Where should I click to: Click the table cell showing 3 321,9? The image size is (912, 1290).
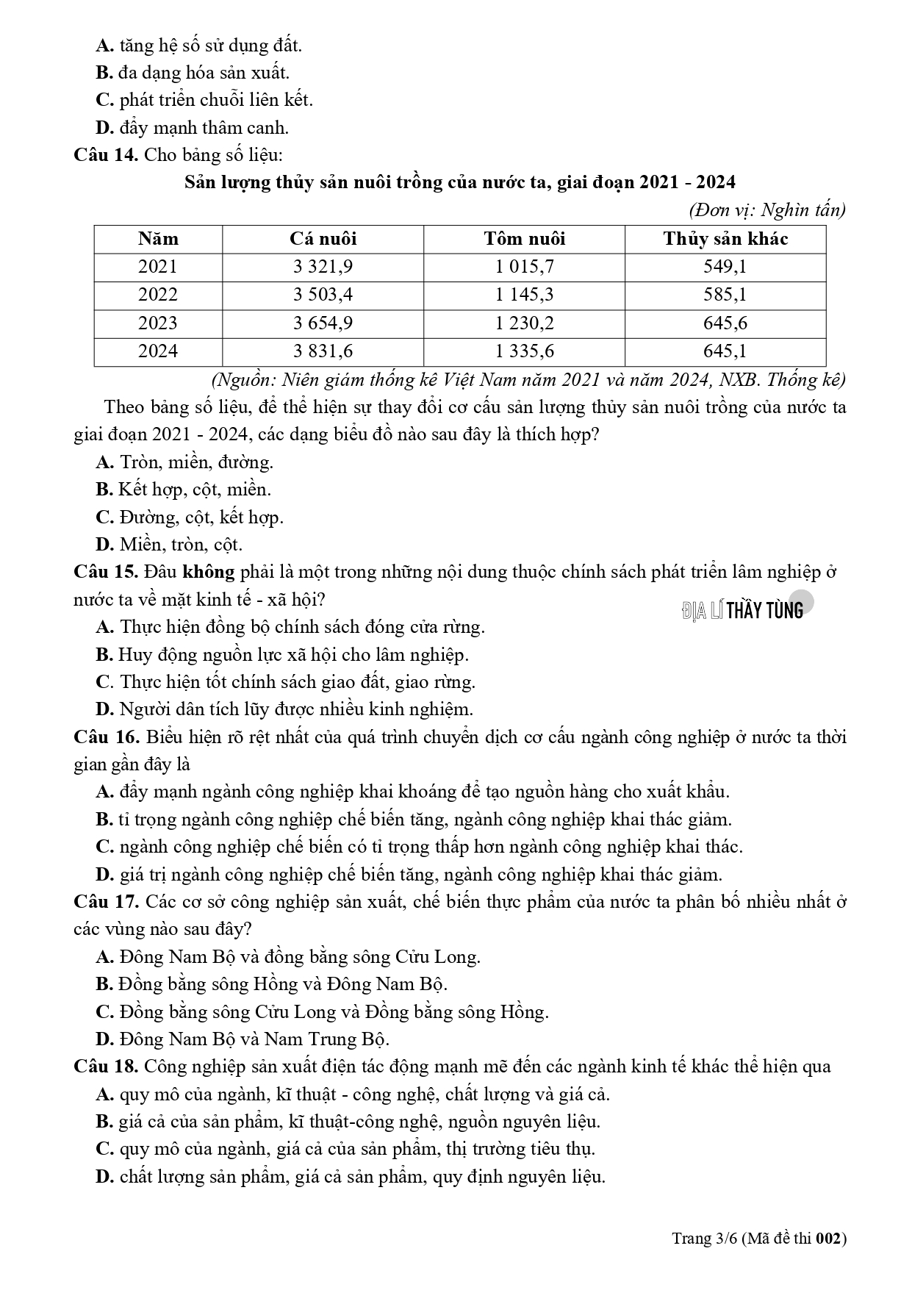323,267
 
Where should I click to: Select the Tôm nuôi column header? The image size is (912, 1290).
524,239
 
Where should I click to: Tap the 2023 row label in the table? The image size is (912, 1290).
158,323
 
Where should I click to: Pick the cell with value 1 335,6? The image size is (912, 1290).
524,351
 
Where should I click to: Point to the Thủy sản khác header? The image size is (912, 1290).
725,239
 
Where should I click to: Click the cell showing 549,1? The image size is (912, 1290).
725,267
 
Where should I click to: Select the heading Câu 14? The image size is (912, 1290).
106,155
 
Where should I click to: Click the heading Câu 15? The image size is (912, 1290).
106,572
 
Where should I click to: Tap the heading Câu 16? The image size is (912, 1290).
106,737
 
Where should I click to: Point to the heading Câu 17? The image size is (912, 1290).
106,902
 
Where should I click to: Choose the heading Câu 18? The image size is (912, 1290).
106,1067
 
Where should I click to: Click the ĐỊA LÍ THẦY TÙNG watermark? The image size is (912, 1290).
743,609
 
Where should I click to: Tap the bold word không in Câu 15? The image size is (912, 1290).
208,572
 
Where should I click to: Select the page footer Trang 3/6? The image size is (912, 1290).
758,1239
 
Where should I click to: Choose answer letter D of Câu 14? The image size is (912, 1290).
104,545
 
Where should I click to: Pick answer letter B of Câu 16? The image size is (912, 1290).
104,820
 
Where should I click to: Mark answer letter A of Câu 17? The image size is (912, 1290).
104,957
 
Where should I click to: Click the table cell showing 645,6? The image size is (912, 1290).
725,323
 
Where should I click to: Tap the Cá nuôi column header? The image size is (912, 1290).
323,239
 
